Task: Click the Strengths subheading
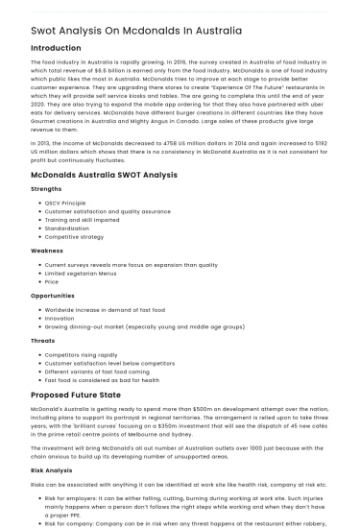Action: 48,190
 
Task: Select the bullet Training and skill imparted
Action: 80,219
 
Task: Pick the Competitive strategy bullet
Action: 75,235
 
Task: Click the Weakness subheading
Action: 47,250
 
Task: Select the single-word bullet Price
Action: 52,281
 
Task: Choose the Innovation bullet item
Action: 60,318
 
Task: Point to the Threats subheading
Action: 43,341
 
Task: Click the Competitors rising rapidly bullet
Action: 83,355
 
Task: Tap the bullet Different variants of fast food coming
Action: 98,371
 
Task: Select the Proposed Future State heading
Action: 78,395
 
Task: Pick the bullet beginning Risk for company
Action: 182,523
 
